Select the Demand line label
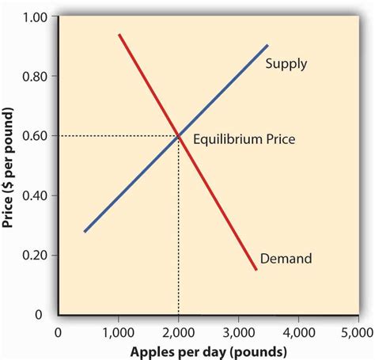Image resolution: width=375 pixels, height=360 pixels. [x=286, y=258]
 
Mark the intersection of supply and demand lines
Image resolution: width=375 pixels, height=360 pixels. [x=179, y=136]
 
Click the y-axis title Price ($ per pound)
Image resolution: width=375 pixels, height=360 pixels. [x=10, y=166]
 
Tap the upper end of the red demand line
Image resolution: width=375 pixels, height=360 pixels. [x=119, y=36]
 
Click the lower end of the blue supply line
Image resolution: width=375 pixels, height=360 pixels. [x=85, y=231]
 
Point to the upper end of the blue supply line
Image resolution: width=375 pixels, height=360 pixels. [x=267, y=46]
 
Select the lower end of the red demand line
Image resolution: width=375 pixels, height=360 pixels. [x=256, y=269]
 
